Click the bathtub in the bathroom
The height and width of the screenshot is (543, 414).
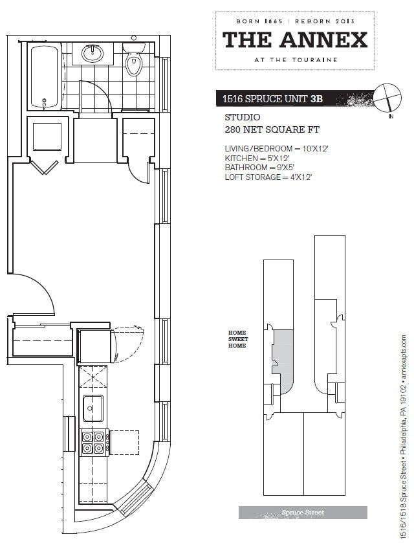pyautogui.click(x=44, y=77)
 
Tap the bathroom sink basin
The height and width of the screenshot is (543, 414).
pyautogui.click(x=93, y=54)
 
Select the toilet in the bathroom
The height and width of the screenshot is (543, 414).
pyautogui.click(x=134, y=59)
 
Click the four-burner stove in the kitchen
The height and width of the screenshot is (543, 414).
pyautogui.click(x=93, y=443)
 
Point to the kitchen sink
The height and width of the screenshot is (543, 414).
pyautogui.click(x=93, y=408)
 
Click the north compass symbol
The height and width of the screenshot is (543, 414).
pyautogui.click(x=388, y=98)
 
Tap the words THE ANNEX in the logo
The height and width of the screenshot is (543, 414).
pyautogui.click(x=295, y=40)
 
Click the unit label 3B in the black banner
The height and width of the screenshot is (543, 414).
pyautogui.click(x=316, y=98)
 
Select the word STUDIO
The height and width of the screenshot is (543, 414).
pyautogui.click(x=243, y=117)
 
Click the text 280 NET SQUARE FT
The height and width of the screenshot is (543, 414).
pyautogui.click(x=272, y=129)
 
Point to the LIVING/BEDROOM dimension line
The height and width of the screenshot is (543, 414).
pyautogui.click(x=276, y=149)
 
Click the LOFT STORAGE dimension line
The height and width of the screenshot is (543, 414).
pyautogui.click(x=268, y=177)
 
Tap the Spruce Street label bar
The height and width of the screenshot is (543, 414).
pyautogui.click(x=303, y=513)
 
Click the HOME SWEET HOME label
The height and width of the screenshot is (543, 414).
pyautogui.click(x=238, y=339)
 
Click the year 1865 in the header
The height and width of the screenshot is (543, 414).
pyautogui.click(x=274, y=21)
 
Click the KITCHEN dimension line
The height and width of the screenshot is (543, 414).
pyautogui.click(x=257, y=159)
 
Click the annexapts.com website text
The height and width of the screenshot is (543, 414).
pyautogui.click(x=403, y=357)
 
